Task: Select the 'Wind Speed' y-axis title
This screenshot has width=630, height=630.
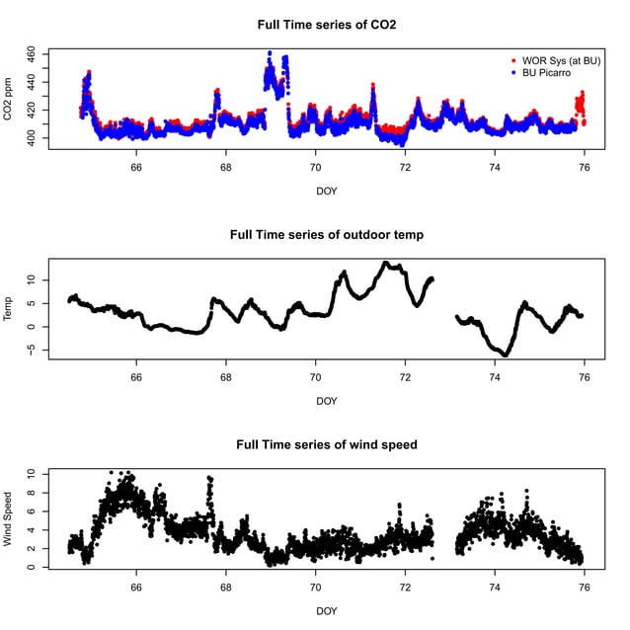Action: click(x=10, y=520)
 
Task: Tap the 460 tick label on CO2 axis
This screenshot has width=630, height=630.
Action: click(x=31, y=51)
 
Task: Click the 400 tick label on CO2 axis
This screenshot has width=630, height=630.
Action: click(x=31, y=141)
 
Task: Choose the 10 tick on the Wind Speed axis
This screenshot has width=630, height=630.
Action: click(x=31, y=474)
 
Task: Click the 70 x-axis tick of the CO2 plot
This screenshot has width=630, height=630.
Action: click(x=316, y=168)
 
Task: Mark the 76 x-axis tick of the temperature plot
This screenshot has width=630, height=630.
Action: click(x=585, y=378)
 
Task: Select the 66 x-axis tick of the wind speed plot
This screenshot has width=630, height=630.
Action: click(x=136, y=589)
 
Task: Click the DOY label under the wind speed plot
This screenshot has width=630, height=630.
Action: click(x=326, y=611)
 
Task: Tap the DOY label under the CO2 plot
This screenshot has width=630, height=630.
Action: click(x=326, y=190)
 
